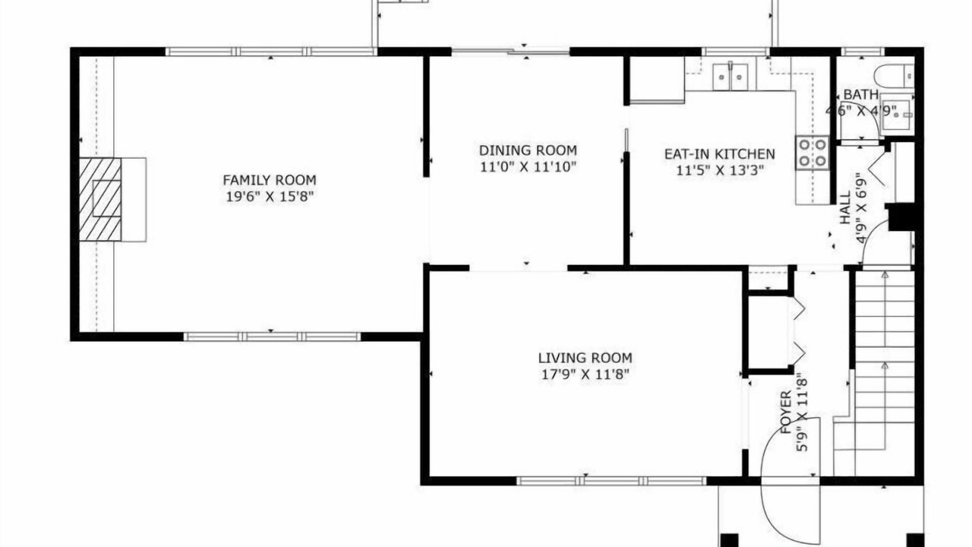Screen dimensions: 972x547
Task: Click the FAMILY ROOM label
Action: [270, 180]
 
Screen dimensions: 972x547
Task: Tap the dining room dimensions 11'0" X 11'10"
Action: [528, 166]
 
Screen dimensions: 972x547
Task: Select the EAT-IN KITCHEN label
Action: [719, 154]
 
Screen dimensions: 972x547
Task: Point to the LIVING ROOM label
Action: [585, 358]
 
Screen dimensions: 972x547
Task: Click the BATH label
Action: [861, 94]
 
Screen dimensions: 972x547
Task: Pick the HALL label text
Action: [846, 208]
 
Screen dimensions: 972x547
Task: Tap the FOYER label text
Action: [786, 413]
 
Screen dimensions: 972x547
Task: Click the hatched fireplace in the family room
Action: [100, 199]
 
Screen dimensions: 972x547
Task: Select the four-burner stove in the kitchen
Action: [812, 153]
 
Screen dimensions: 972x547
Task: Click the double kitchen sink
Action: [731, 77]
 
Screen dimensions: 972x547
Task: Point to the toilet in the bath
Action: [895, 75]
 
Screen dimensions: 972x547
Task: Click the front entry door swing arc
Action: [791, 481]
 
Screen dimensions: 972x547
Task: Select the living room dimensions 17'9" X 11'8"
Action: [585, 375]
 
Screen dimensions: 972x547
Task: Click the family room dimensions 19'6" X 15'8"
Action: [270, 197]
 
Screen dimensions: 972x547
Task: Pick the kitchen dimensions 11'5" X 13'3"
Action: [719, 170]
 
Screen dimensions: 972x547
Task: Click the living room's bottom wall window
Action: [611, 481]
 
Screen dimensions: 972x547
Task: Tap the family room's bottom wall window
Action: [272, 337]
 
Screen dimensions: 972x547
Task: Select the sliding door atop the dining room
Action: [511, 52]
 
